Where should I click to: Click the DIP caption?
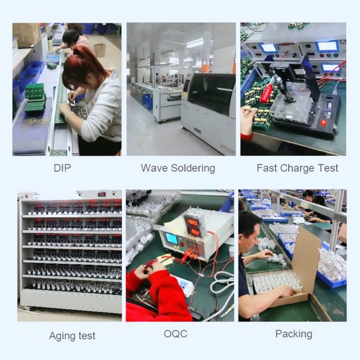(x=62, y=168)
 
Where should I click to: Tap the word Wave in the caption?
(x=154, y=168)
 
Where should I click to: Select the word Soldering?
(x=193, y=168)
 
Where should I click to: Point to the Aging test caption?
(x=72, y=336)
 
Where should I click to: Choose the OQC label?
(x=175, y=334)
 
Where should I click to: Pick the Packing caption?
(x=294, y=334)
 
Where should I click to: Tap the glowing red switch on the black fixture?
(x=324, y=122)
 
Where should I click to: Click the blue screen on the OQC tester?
(x=171, y=239)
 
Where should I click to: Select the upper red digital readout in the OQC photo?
(x=192, y=222)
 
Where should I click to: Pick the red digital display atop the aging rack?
(x=102, y=194)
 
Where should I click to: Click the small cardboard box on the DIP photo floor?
(x=99, y=50)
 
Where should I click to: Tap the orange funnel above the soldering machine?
(x=206, y=68)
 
